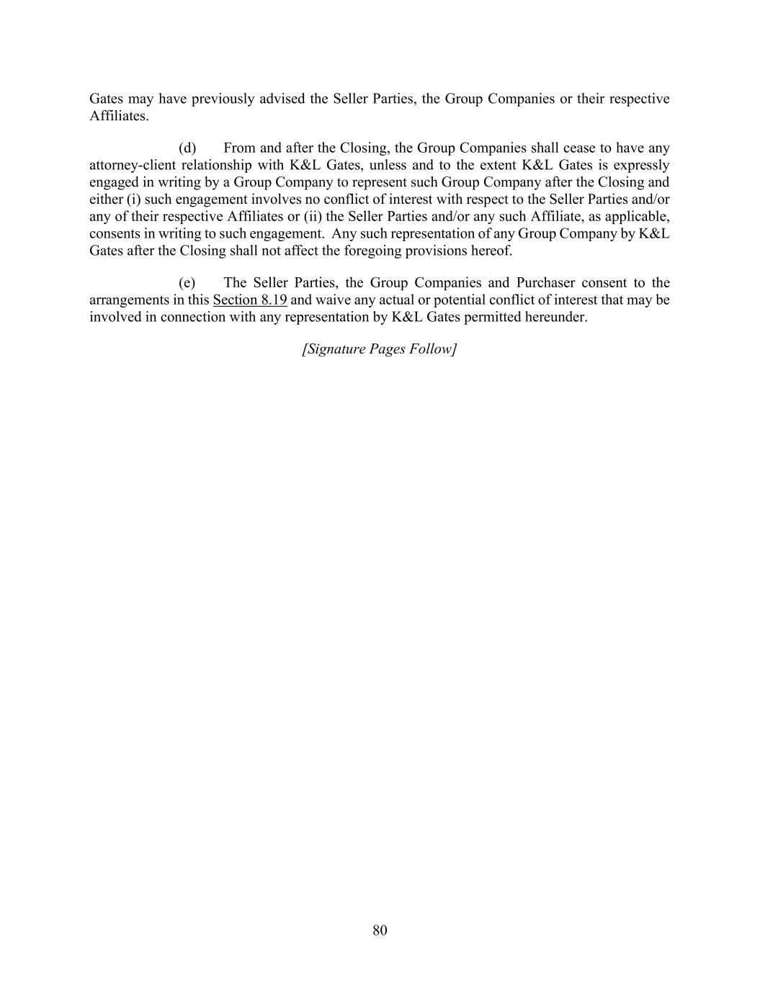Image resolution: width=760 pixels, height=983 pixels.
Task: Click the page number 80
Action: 380,930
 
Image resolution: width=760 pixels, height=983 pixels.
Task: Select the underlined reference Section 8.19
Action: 250,300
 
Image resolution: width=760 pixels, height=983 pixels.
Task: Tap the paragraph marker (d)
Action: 187,148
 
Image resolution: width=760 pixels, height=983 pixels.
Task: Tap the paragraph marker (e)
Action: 187,283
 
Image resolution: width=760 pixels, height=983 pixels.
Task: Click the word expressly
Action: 641,166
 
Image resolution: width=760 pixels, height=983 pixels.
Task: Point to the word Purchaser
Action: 545,283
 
